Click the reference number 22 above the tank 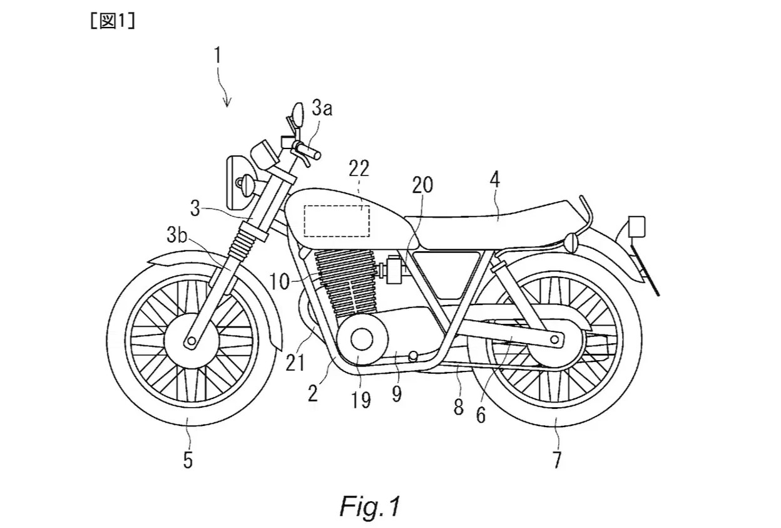tap(359, 168)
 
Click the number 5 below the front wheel tap(188, 461)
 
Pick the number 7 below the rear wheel tap(556, 460)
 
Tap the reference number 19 tap(362, 399)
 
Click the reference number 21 tap(295, 362)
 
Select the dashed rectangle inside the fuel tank tap(337, 220)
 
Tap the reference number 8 tap(459, 408)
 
